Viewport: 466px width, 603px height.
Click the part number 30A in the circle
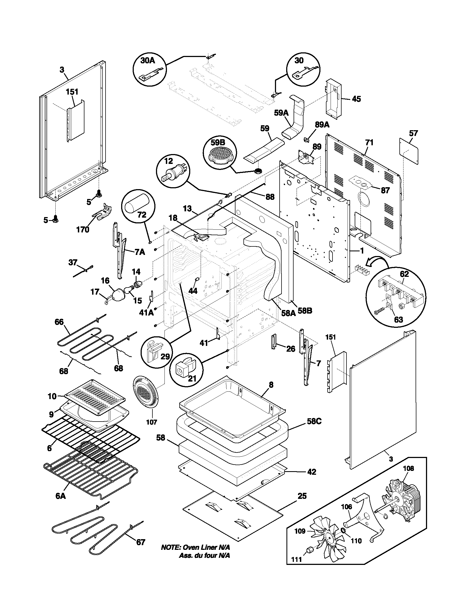148,61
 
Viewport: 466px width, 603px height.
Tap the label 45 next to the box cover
356,99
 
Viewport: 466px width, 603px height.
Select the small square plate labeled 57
409,150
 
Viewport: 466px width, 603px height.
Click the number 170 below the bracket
83,229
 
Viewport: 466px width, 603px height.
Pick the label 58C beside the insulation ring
314,422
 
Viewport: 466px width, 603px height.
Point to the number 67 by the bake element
141,542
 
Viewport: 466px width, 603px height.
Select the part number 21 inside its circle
192,378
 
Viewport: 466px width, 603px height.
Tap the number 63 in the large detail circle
398,320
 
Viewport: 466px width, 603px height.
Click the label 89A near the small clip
322,124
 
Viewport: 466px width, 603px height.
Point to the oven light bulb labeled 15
128,290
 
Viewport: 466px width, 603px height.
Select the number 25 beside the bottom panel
302,496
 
